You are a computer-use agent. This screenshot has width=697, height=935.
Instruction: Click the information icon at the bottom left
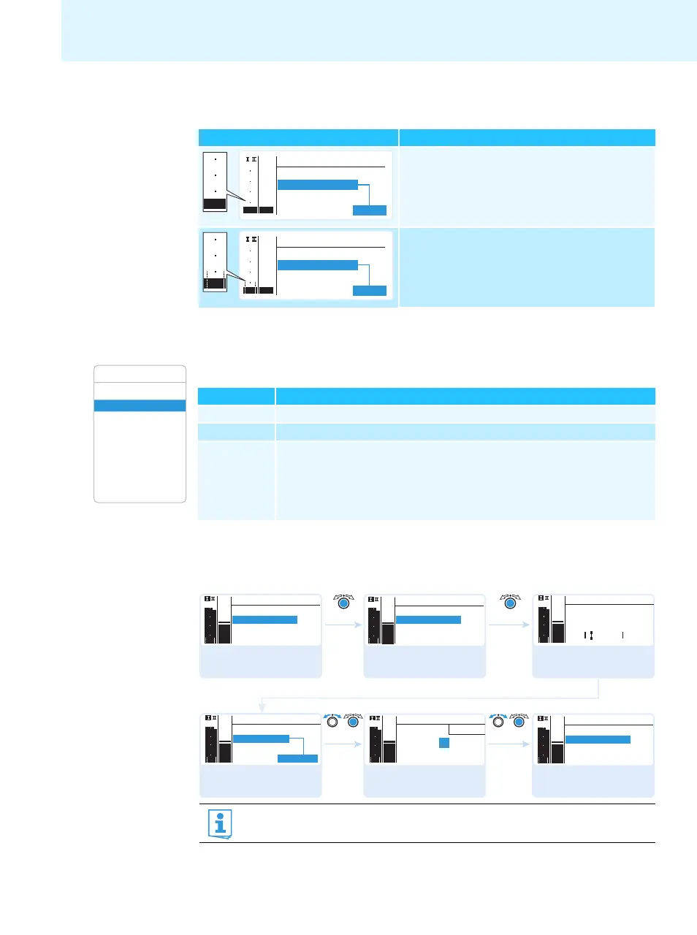pyautogui.click(x=220, y=823)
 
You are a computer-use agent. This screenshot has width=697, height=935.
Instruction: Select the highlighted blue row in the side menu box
pyautogui.click(x=140, y=405)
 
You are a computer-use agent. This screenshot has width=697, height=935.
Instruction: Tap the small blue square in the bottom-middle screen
pyautogui.click(x=443, y=743)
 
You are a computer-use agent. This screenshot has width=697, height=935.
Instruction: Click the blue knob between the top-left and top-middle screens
pyautogui.click(x=343, y=603)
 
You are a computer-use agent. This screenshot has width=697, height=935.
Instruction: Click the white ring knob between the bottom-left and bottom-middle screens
pyautogui.click(x=333, y=722)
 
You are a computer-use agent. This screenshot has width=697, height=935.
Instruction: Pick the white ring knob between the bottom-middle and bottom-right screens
pyautogui.click(x=498, y=722)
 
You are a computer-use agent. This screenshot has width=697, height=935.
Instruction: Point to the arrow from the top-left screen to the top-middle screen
pyautogui.click(x=343, y=625)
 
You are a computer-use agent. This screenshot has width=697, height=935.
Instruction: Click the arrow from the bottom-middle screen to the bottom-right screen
pyautogui.click(x=508, y=744)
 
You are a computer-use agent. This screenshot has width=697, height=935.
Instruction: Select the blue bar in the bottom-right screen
pyautogui.click(x=598, y=740)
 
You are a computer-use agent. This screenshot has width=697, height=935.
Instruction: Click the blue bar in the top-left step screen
pyautogui.click(x=264, y=620)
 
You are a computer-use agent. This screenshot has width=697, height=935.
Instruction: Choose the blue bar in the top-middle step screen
pyautogui.click(x=428, y=620)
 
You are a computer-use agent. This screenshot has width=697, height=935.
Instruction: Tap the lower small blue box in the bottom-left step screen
pyautogui.click(x=297, y=759)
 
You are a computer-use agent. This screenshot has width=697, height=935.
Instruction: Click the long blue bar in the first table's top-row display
pyautogui.click(x=318, y=185)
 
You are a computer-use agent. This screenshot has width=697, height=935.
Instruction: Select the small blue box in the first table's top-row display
pyautogui.click(x=370, y=210)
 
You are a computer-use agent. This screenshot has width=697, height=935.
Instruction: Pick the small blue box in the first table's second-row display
pyautogui.click(x=370, y=291)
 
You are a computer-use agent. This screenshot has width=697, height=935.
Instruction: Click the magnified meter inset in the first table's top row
pyautogui.click(x=215, y=182)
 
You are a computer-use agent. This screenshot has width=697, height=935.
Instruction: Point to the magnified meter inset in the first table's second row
pyautogui.click(x=215, y=262)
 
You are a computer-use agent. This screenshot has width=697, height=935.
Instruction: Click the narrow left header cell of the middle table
pyautogui.click(x=236, y=396)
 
